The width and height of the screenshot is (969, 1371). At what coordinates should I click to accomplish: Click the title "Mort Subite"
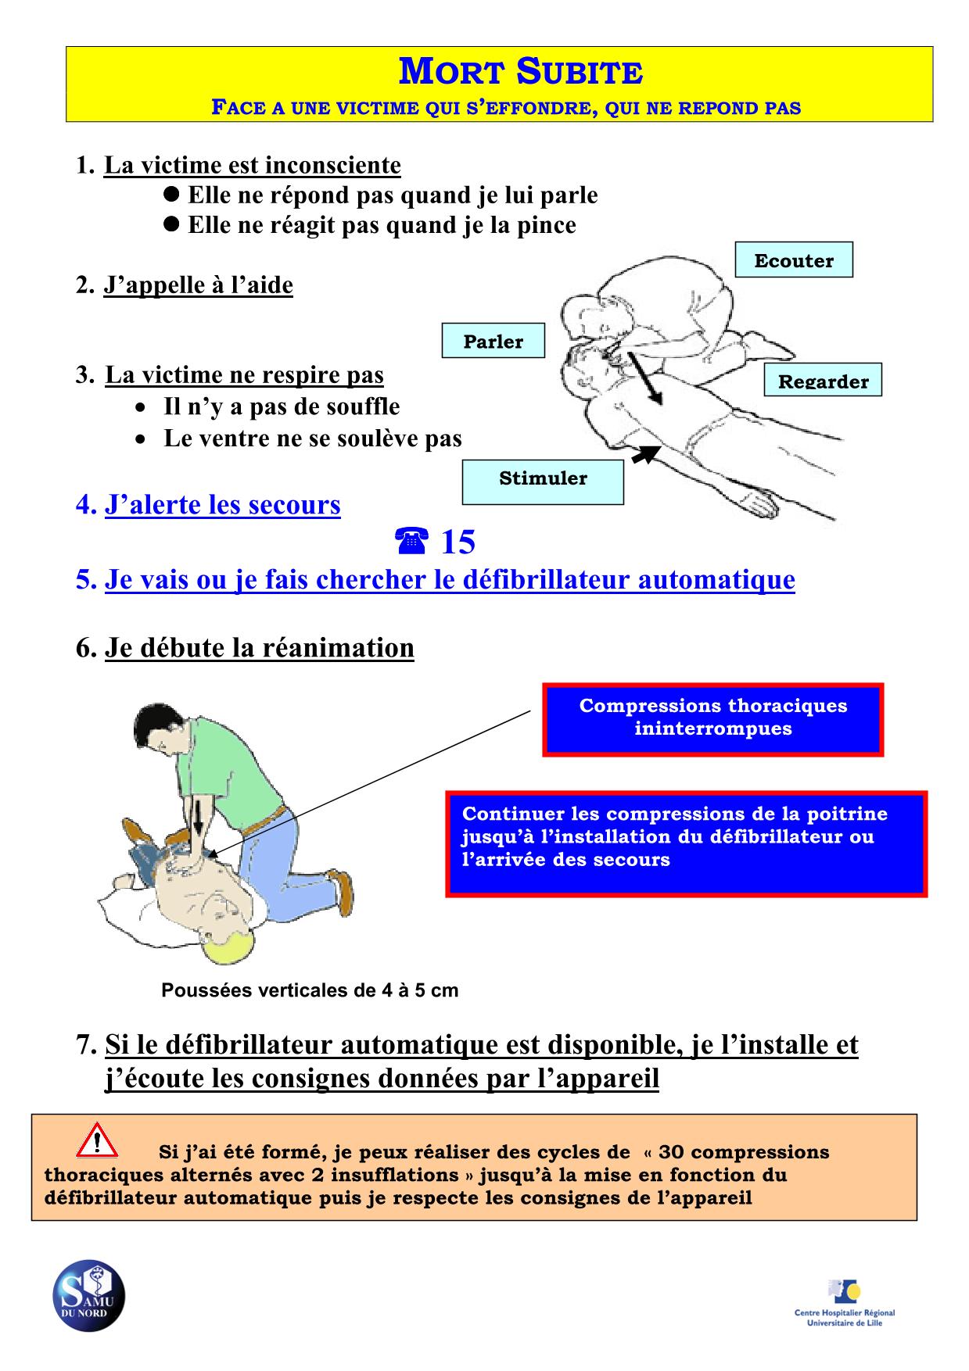(x=521, y=72)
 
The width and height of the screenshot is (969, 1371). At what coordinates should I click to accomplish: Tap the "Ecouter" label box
(x=793, y=260)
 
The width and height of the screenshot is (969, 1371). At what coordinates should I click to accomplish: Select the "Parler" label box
(x=493, y=341)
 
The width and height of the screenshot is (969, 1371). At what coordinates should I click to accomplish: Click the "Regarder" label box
(x=823, y=381)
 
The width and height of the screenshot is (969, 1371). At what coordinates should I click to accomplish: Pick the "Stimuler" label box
(x=543, y=478)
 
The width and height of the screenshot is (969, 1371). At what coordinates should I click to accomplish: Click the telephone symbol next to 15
(x=411, y=541)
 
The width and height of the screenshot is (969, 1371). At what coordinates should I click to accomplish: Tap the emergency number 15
(x=458, y=542)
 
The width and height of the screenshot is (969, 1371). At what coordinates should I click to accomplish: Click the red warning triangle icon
(x=97, y=1140)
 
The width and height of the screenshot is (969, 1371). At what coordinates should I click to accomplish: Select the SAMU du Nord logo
(x=88, y=1296)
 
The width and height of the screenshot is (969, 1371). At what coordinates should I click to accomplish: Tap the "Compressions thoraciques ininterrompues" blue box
(x=712, y=718)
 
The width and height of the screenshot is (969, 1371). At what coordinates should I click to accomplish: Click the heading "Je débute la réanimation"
(x=259, y=648)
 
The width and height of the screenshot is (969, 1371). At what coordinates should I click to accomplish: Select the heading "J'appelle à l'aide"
(x=198, y=285)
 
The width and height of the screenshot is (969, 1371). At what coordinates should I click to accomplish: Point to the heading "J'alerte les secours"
(x=222, y=505)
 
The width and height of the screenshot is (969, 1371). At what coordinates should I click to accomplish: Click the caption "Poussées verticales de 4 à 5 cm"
(x=310, y=990)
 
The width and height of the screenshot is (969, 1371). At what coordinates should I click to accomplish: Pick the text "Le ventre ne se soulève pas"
(x=312, y=439)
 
